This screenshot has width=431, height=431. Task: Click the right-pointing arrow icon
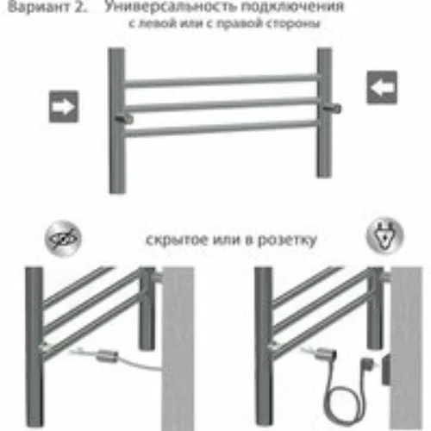pos(64,107)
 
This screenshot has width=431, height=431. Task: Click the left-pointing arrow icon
pos(382,87)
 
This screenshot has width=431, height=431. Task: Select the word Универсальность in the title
pos(170,6)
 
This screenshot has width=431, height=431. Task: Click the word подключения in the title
pos(292,7)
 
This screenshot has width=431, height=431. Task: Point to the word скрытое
pos(177,240)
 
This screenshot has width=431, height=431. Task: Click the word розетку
pos(287,240)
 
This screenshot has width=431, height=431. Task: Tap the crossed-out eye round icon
pos(63,239)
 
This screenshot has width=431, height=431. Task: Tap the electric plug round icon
pos(384,236)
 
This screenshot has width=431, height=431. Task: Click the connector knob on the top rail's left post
pos(124,119)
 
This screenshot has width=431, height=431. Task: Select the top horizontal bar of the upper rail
pos(222,81)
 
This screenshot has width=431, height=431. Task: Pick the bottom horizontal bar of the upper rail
pos(222,128)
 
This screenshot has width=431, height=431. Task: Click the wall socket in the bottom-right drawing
pos(386,369)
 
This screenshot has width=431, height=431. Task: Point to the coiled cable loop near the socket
pos(342,403)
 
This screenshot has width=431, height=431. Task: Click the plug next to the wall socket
pos(366,365)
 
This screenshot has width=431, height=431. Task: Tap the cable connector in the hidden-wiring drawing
pos(107,356)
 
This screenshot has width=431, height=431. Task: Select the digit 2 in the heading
pos(80,7)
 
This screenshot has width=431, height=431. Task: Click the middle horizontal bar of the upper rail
pos(222,104)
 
